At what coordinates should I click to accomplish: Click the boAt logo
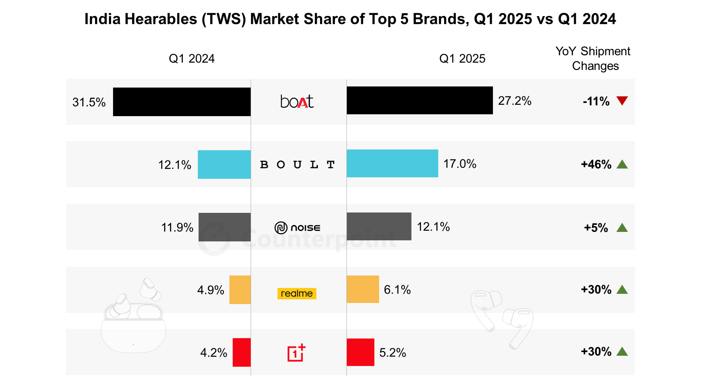point(297,101)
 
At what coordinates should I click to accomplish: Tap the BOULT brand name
point(297,165)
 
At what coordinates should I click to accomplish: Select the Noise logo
point(297,228)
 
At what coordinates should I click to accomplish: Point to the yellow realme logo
point(297,293)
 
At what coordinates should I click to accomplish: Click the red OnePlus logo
point(296,353)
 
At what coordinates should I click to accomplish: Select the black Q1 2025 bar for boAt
point(419,100)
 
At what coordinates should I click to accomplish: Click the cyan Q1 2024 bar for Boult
point(224,164)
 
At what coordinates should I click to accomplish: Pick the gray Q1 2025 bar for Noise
point(379,226)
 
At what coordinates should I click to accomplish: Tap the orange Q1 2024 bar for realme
point(240,290)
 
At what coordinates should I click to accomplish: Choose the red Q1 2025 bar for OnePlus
point(360,352)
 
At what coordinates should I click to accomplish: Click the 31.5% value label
point(89,102)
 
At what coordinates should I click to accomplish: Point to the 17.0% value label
point(460,164)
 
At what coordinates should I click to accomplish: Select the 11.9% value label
point(177,228)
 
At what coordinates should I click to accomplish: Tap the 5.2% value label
point(392,352)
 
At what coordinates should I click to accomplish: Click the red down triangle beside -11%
point(622,101)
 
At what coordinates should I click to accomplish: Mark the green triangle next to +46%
point(622,164)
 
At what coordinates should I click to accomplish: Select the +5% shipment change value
point(596,228)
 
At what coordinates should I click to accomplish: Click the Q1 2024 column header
point(192,59)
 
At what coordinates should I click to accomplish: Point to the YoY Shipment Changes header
point(593,59)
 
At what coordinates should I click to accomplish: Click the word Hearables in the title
point(161,19)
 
